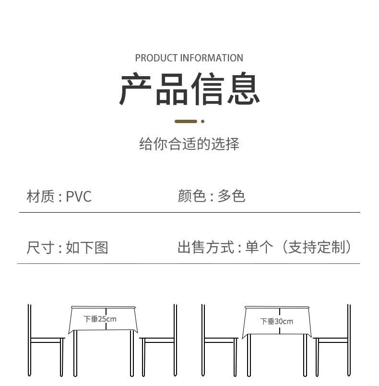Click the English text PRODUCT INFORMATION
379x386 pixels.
pos(189,58)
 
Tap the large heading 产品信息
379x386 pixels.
pos(189,90)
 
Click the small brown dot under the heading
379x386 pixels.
pos(202,122)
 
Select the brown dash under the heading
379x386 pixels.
pos(186,122)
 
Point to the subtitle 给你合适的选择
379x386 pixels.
pos(189,144)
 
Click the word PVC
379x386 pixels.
pos(78,196)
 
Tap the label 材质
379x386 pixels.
pos(40,196)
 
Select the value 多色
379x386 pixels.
pos(231,196)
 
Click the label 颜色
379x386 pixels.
pos(191,196)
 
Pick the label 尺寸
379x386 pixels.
pos(40,248)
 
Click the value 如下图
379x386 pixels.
pos(87,248)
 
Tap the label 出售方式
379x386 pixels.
pos(206,247)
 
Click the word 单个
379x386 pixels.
pos(259,247)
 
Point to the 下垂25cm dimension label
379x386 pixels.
pos(100,319)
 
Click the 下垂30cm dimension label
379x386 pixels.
pos(276,321)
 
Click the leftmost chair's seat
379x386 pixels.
pos(47,341)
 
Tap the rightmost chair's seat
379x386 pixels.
pos(332,341)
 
